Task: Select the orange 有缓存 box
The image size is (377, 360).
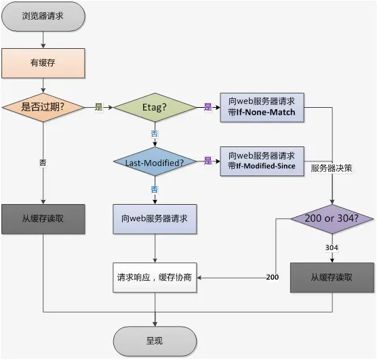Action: (43, 63)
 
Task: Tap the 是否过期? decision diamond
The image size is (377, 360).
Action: (43, 107)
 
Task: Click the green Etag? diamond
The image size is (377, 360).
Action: (155, 107)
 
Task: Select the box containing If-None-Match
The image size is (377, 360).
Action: (262, 107)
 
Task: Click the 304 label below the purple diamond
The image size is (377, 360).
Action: (332, 248)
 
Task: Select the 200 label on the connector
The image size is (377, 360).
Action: (272, 277)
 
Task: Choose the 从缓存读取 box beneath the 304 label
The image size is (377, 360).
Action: (332, 277)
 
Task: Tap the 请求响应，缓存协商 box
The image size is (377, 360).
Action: (155, 277)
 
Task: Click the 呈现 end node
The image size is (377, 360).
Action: (155, 340)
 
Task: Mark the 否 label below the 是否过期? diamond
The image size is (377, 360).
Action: (43, 163)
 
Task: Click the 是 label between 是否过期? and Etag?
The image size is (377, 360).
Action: (98, 107)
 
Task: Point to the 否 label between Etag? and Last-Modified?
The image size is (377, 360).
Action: (155, 134)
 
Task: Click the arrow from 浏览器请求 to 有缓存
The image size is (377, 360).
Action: (43, 40)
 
